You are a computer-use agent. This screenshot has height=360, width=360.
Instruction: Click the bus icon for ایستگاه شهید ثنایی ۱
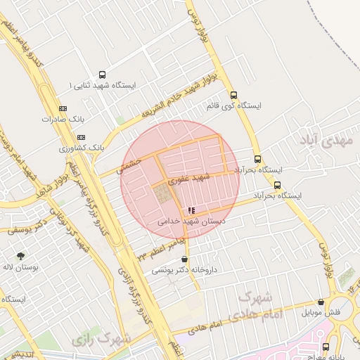103,75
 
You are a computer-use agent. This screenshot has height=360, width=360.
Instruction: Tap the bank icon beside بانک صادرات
63,108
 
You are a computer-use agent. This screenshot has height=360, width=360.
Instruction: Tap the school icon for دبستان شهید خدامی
192,210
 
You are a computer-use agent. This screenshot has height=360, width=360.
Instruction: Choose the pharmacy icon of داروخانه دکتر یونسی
185,259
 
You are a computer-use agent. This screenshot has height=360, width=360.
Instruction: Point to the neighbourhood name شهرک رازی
102,339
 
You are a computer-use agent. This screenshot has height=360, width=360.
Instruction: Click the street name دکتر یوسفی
28,224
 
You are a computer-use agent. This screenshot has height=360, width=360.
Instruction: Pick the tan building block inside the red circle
163,194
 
